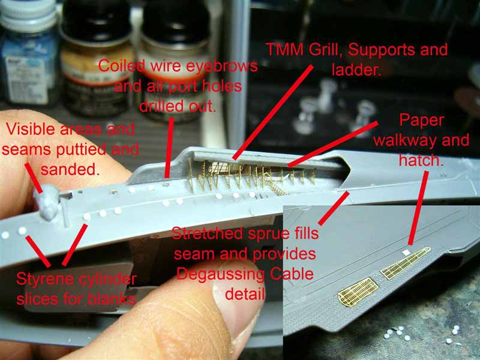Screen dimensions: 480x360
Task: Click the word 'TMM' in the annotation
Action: click(x=285, y=50)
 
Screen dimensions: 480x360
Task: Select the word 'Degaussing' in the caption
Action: click(x=220, y=275)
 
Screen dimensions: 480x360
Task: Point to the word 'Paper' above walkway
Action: click(x=422, y=121)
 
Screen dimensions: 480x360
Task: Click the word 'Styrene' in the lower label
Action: click(x=45, y=279)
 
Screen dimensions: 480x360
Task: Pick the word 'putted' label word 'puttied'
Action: click(x=81, y=150)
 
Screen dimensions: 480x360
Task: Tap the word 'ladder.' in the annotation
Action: click(x=356, y=70)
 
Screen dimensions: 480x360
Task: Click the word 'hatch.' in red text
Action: click(x=421, y=160)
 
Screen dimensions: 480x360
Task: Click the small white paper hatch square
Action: click(x=407, y=253)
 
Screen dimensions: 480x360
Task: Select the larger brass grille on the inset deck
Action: click(x=354, y=292)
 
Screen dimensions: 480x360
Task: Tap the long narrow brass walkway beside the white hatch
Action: click(x=406, y=263)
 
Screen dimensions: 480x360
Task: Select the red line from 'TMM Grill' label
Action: click(x=274, y=112)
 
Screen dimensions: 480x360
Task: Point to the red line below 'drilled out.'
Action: click(x=169, y=148)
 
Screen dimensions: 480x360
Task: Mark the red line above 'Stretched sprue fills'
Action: click(x=334, y=208)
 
